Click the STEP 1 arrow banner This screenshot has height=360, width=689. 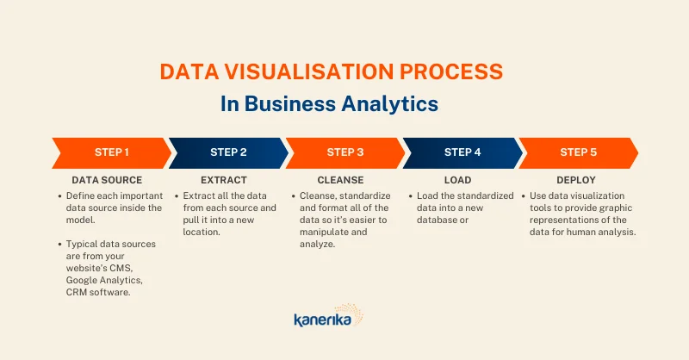point(112,153)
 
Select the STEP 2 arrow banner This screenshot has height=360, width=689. point(228,153)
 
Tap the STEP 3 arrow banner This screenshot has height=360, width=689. point(345,153)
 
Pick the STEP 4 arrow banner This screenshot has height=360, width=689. point(462,153)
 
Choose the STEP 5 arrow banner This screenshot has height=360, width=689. point(578,153)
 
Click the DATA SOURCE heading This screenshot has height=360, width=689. point(107,180)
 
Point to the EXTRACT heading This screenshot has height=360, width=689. point(224,180)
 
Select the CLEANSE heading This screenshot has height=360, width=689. point(340,180)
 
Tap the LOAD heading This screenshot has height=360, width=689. point(457,180)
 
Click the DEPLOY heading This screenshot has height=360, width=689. point(576,180)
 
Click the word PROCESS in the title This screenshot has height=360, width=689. point(450,71)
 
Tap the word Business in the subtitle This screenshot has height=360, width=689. point(290,103)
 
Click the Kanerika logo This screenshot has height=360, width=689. point(329,315)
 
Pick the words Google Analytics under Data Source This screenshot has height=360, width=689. point(104,281)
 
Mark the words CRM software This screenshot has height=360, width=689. point(98,292)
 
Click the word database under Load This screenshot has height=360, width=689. point(437,220)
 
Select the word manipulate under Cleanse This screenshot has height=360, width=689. point(326,233)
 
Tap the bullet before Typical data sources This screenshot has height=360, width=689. point(59,244)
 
